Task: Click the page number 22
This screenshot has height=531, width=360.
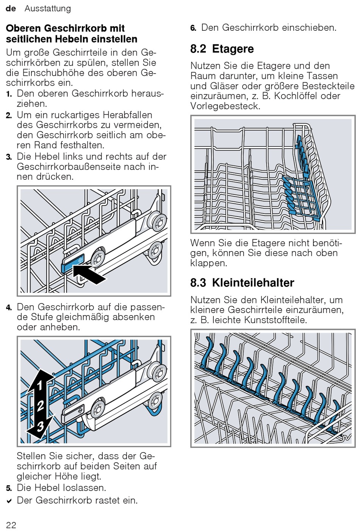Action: (x=11, y=525)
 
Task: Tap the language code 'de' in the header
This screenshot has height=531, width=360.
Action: (x=11, y=8)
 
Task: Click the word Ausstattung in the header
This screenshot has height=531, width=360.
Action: (x=48, y=9)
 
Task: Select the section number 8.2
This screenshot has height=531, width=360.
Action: (x=198, y=49)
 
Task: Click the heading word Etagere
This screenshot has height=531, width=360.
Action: (x=233, y=49)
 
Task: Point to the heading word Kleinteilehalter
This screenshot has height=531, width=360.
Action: (x=253, y=283)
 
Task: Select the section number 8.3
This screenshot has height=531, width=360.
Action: (x=198, y=283)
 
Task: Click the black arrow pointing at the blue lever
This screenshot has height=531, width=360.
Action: (x=89, y=275)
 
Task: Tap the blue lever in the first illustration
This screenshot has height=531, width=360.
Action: (x=73, y=263)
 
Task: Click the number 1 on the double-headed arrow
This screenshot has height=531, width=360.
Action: (x=40, y=385)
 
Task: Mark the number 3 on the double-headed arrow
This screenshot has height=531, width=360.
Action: (x=40, y=426)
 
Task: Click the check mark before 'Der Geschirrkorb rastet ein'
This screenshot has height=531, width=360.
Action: (x=9, y=501)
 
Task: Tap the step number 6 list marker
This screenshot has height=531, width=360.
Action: (x=193, y=28)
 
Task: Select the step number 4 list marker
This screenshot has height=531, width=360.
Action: (x=9, y=308)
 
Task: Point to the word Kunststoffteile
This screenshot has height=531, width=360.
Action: (x=275, y=320)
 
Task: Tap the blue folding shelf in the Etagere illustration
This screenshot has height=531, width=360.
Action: (x=301, y=197)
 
